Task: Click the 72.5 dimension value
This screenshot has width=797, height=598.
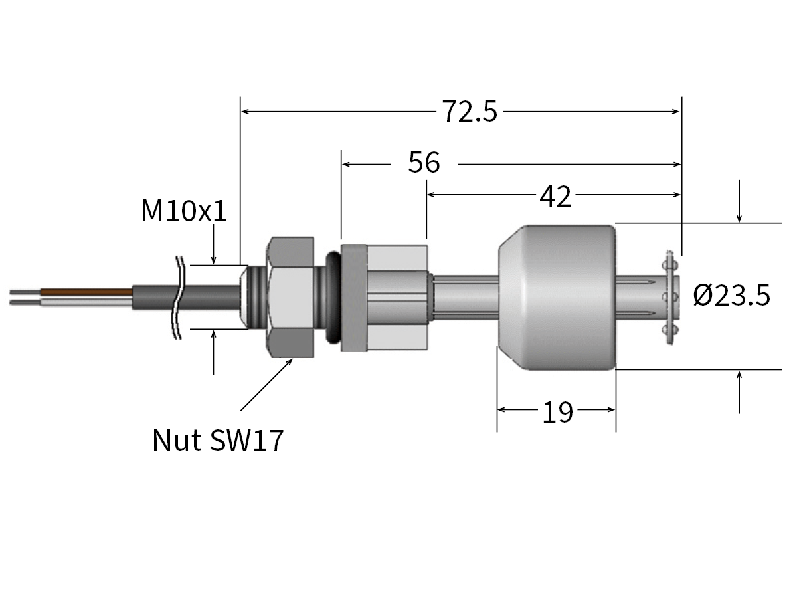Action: tap(470, 112)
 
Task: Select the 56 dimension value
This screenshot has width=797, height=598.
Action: tap(424, 163)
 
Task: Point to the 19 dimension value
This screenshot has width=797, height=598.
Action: tap(557, 412)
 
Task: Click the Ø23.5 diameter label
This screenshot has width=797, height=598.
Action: tap(731, 295)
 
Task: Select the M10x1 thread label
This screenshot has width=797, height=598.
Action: tap(184, 211)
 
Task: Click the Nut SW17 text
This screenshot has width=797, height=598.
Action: tap(218, 441)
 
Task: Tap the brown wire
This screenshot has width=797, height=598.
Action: tap(86, 291)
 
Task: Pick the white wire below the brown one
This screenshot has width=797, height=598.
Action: tap(86, 302)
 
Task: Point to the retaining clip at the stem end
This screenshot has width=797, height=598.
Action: tap(669, 296)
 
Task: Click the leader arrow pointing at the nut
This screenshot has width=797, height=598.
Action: tap(266, 385)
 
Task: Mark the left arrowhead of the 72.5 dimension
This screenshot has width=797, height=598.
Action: tap(244, 112)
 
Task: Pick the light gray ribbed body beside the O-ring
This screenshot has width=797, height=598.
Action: tap(396, 297)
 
